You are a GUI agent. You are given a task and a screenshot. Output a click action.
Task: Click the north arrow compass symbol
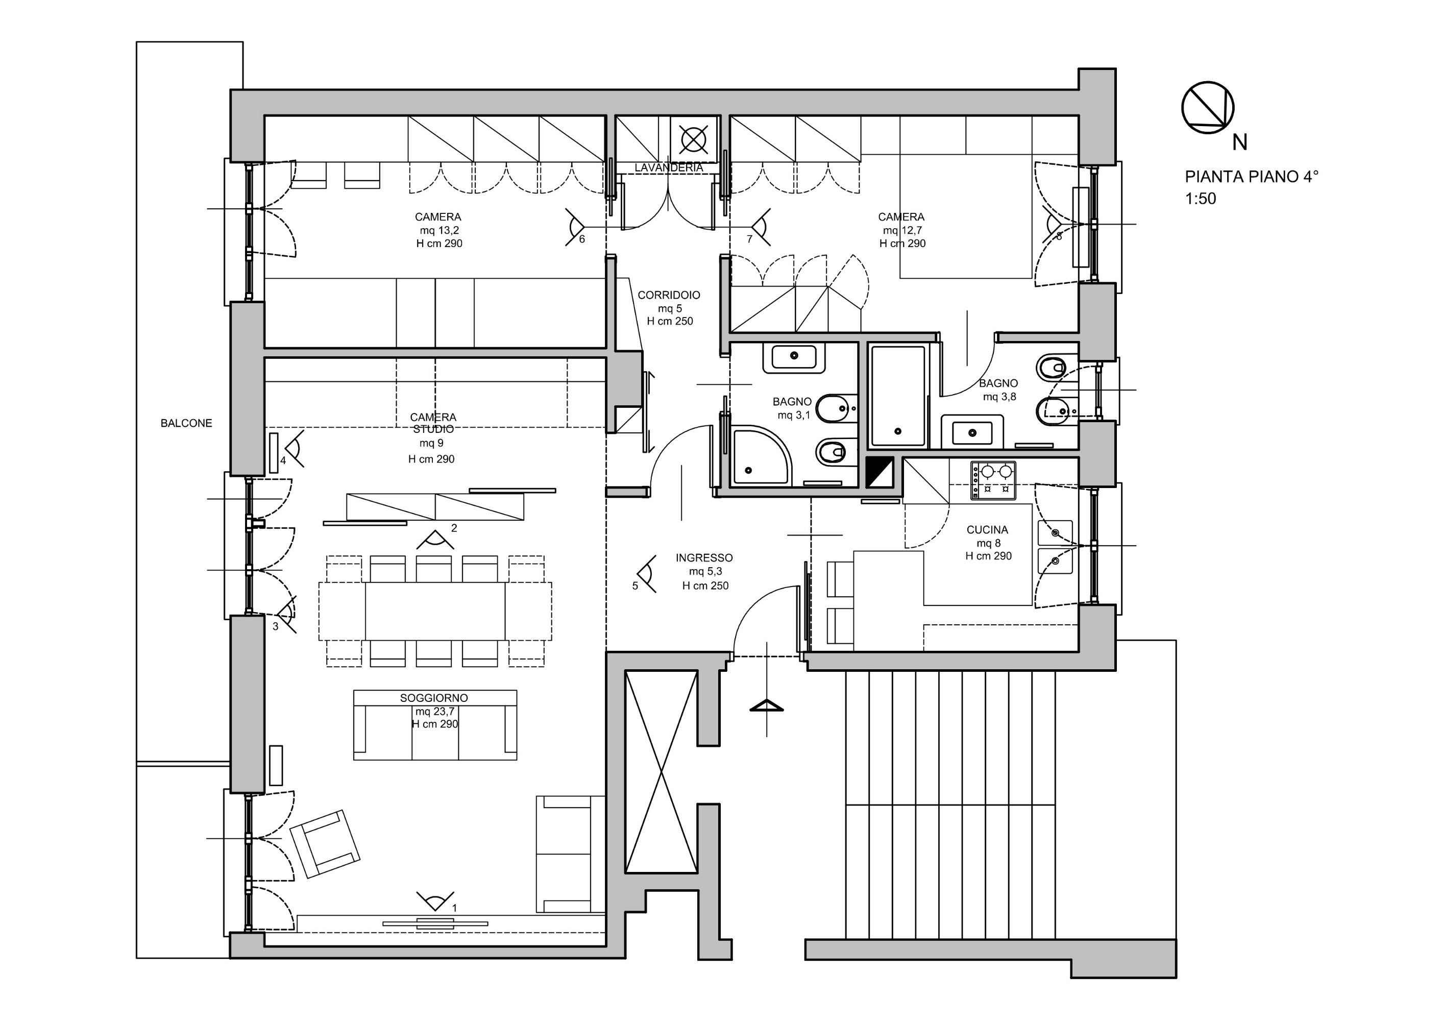[1207, 108]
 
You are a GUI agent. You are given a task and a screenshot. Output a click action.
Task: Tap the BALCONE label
[186, 423]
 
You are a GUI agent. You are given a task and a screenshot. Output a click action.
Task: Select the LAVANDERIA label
[668, 168]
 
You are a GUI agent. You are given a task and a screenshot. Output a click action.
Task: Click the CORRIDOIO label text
[669, 295]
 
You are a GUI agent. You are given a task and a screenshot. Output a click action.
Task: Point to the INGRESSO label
[704, 557]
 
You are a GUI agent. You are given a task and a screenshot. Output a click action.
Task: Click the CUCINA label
[987, 530]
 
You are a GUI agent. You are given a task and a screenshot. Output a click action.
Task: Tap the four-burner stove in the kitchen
[993, 480]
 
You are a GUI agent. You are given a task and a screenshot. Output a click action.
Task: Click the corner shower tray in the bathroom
[759, 456]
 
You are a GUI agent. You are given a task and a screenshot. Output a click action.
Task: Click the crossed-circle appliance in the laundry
[694, 139]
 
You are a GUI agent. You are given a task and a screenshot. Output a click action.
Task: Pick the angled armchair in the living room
[325, 844]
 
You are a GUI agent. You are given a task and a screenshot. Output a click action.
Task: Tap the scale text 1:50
[1200, 199]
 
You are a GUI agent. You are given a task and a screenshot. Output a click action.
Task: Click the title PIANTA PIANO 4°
[1251, 177]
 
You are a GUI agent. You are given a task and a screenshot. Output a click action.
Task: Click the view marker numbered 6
[575, 228]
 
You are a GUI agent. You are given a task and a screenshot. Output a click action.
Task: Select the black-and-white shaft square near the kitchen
[880, 472]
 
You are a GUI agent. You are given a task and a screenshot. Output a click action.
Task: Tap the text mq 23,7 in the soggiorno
[434, 711]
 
